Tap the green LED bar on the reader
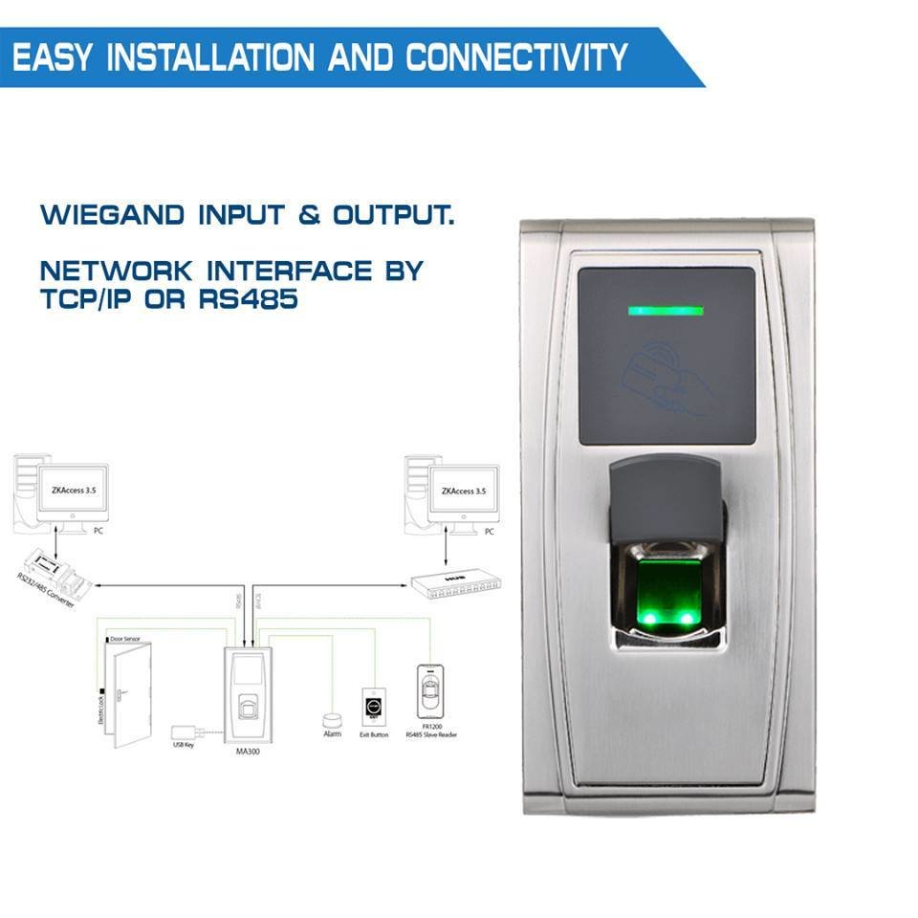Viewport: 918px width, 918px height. coord(665,311)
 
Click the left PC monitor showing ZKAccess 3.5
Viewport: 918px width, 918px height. coord(72,494)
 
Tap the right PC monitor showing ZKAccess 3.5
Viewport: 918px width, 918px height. coord(464,494)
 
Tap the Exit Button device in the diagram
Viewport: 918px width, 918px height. coord(373,709)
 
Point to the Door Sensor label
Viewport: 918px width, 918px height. coord(125,638)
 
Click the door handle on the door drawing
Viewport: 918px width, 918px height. coord(116,695)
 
